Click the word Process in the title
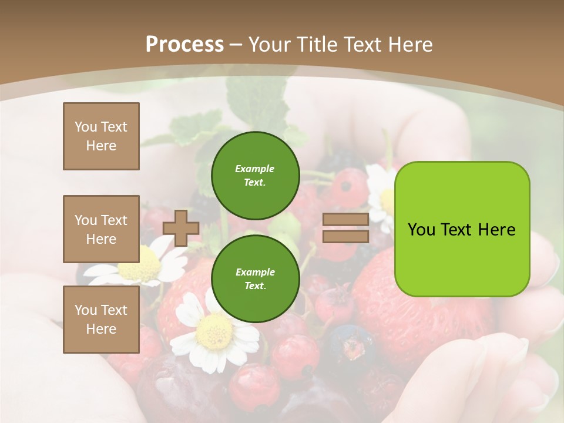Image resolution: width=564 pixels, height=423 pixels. coord(184,45)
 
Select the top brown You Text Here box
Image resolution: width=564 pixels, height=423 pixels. coord(101,136)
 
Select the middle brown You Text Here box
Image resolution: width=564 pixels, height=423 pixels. coord(101,229)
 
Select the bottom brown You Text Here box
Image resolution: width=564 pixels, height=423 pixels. coord(101,320)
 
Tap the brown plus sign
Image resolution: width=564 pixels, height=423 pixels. coord(181,228)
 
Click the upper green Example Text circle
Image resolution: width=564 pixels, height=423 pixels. coord(255,176)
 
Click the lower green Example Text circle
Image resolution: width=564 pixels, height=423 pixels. coord(255,279)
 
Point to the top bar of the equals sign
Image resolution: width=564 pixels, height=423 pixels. coord(345,220)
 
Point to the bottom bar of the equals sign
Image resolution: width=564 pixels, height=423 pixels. coord(345,236)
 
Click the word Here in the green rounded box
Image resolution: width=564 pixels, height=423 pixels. coord(496,230)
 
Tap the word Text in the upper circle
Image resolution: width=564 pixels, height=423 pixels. coord(254,183)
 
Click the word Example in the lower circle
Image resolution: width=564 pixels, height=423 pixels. coord(255,272)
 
